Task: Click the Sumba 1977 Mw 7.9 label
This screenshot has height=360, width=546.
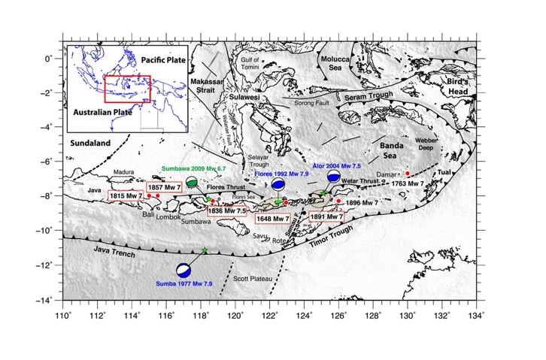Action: coord(187,283)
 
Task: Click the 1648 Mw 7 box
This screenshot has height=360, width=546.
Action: coord(272,219)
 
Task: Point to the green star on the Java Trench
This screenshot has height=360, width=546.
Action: coord(205,250)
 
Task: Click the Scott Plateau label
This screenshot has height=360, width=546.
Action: coord(256,280)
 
